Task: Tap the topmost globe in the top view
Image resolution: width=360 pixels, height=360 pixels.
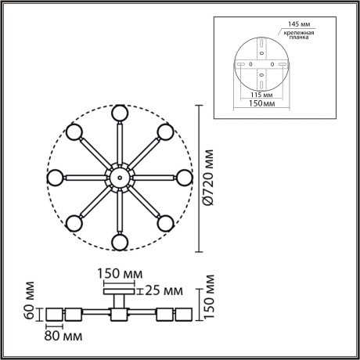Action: tap(119, 112)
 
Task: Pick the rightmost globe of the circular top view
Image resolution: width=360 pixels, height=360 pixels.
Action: tap(185, 178)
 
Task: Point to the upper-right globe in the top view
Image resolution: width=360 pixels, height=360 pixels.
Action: tap(165, 131)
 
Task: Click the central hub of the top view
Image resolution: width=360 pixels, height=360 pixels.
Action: tap(119, 178)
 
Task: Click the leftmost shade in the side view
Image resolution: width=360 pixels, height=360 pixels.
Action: tap(53, 315)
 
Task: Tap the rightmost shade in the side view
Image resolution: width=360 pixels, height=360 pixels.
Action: tap(185, 315)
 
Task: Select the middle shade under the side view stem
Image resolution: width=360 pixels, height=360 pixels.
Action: tap(119, 315)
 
